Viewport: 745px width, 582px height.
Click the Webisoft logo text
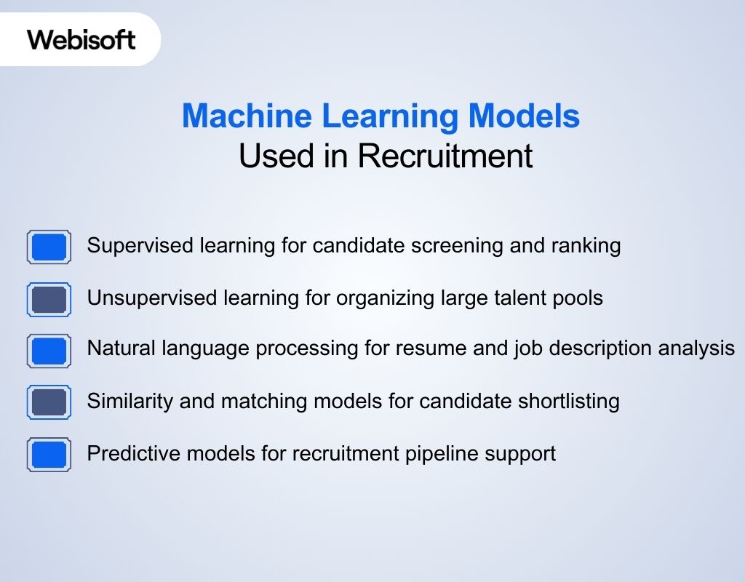pos(81,39)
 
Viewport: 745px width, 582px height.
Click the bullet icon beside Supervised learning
pos(49,247)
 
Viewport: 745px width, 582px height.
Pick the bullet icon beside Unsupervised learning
pos(49,299)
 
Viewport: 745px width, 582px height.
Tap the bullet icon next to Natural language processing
pos(49,351)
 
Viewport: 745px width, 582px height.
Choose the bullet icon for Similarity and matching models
pos(49,402)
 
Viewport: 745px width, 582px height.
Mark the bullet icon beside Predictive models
pos(49,455)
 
